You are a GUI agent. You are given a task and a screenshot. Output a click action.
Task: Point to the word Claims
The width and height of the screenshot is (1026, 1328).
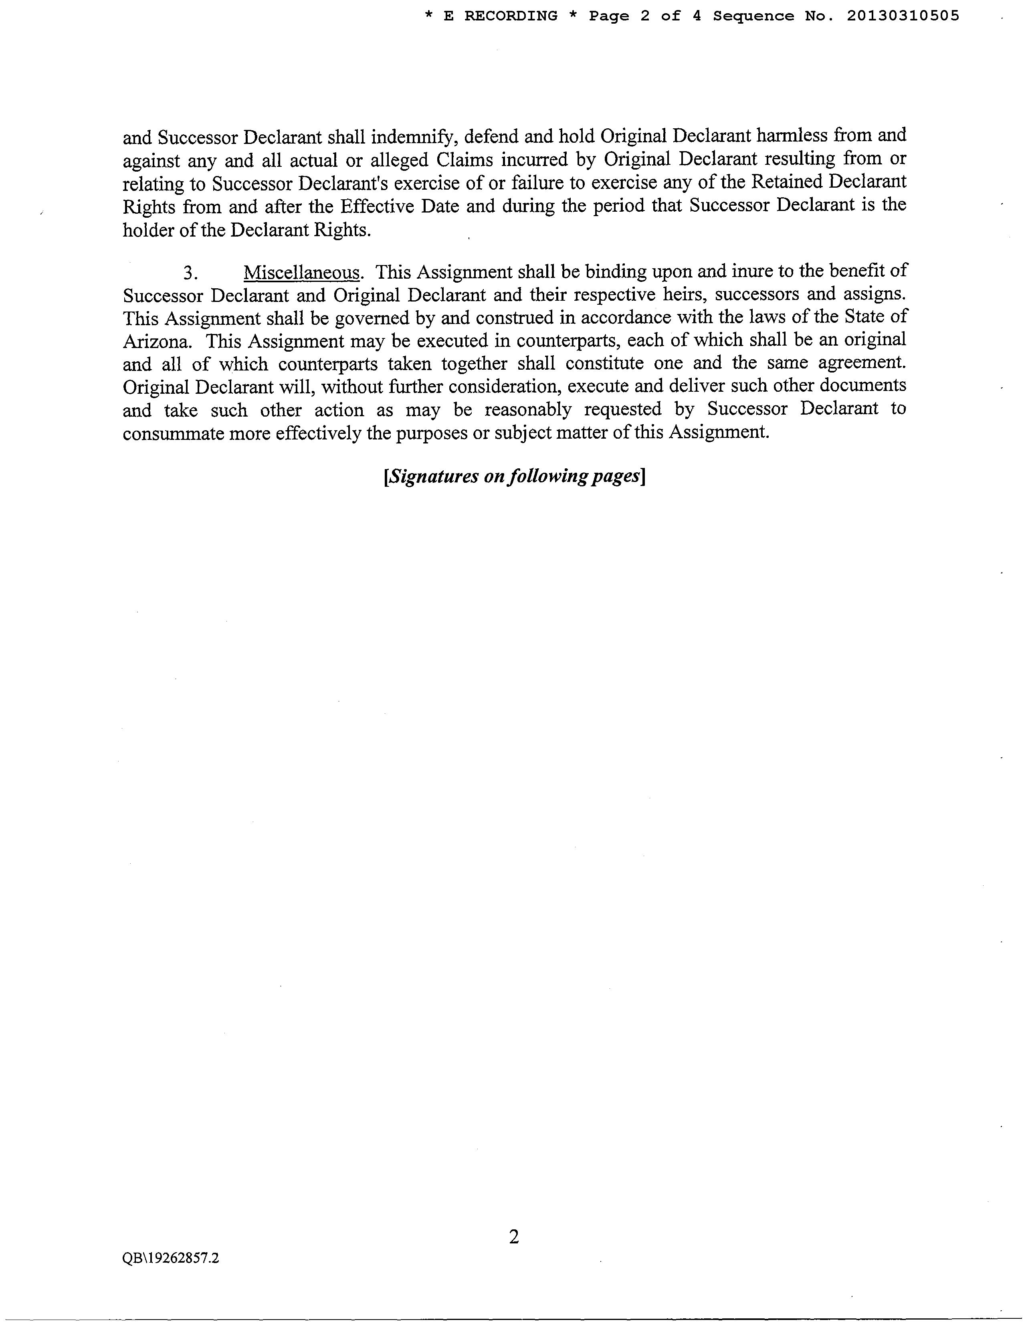click(x=464, y=159)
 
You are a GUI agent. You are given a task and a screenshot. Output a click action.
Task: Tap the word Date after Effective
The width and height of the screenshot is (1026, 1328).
click(x=436, y=206)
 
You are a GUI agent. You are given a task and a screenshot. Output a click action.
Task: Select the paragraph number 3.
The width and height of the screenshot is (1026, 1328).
click(x=190, y=273)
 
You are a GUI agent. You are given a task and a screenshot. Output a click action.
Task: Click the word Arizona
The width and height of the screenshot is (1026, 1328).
click(x=157, y=341)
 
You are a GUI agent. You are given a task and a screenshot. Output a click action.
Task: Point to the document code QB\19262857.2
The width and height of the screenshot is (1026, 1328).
click(x=171, y=1258)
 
